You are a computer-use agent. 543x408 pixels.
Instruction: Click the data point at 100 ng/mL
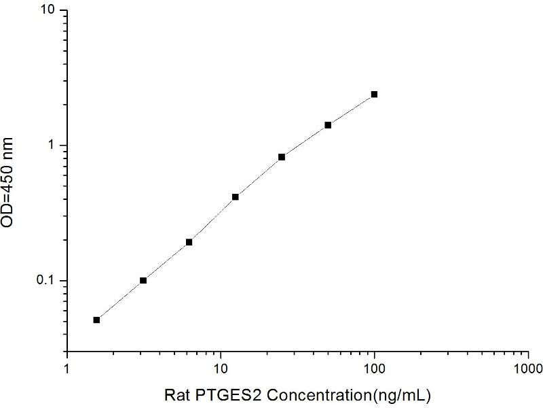tap(374, 95)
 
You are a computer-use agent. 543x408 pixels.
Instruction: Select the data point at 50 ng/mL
tap(328, 125)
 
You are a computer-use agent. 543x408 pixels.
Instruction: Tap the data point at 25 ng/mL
tap(282, 157)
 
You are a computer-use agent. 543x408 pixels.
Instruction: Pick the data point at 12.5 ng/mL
tap(236, 197)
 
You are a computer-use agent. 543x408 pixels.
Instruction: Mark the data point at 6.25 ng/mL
tap(189, 242)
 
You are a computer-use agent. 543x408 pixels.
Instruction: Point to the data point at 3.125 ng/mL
tap(143, 280)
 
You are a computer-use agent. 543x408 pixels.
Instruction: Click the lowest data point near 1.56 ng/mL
tap(96, 320)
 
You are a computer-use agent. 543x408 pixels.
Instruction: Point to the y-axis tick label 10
tap(51, 12)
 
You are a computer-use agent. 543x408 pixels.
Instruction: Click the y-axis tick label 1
tap(54, 146)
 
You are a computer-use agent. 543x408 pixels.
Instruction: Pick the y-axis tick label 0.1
tap(50, 281)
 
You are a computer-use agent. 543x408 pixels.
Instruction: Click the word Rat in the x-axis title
tap(178, 394)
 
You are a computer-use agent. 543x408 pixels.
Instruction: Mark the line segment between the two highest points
tap(351, 110)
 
